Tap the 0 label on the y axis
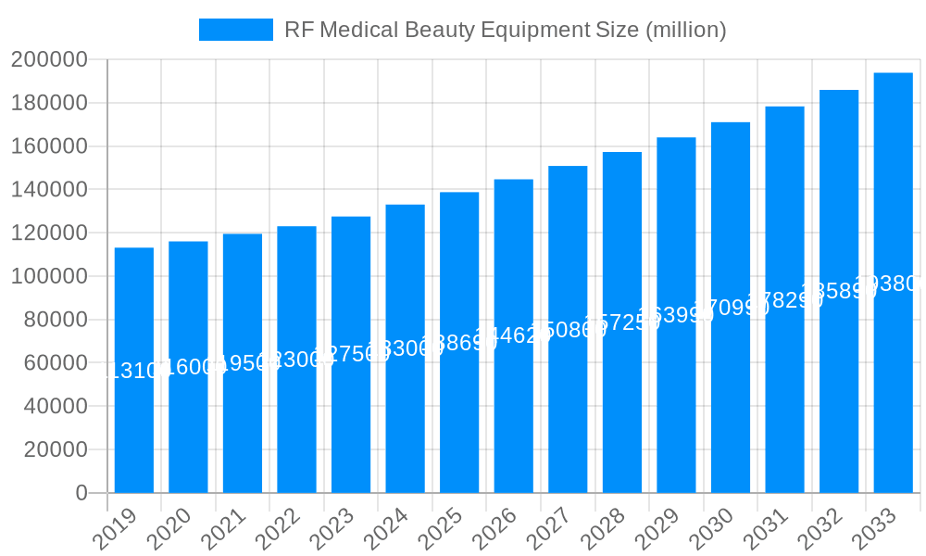pyautogui.click(x=81, y=493)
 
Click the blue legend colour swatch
pyautogui.click(x=236, y=30)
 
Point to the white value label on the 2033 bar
pyautogui.click(x=890, y=284)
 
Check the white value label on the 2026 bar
pyautogui.click(x=512, y=335)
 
